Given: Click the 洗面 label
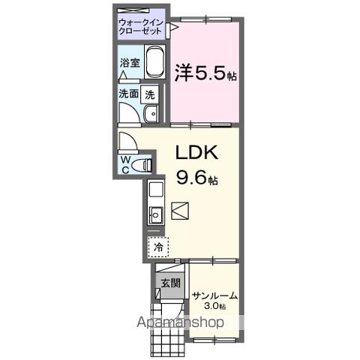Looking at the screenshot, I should click(128, 94).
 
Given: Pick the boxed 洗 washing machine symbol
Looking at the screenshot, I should click(150, 94).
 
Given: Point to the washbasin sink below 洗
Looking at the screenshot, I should click(151, 113).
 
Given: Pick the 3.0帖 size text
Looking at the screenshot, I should click(215, 307).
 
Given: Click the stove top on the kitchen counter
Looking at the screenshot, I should click(155, 189).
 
